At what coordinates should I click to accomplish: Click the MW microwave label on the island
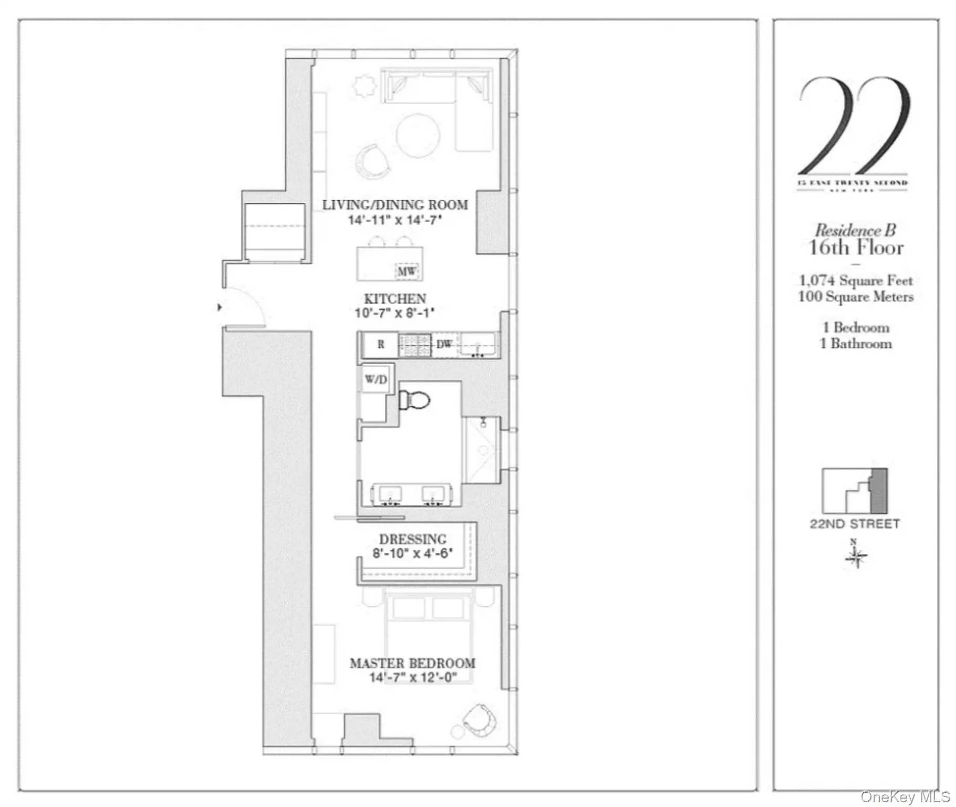(x=406, y=271)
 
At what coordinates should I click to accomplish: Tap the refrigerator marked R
(x=380, y=345)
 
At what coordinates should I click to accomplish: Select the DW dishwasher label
(x=444, y=344)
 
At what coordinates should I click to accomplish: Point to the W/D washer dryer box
(x=376, y=379)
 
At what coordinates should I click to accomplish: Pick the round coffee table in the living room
(x=418, y=136)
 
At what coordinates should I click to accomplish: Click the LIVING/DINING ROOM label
(x=395, y=205)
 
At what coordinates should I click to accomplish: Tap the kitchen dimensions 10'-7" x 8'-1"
(x=394, y=313)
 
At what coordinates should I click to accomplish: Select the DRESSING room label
(x=413, y=540)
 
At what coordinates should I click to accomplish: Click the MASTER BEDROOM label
(x=412, y=663)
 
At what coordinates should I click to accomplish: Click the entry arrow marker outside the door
(x=220, y=307)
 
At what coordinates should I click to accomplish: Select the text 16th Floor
(x=856, y=247)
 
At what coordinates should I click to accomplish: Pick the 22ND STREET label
(x=855, y=524)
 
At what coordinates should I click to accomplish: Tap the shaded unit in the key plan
(x=879, y=491)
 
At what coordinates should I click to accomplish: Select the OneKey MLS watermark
(x=906, y=796)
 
